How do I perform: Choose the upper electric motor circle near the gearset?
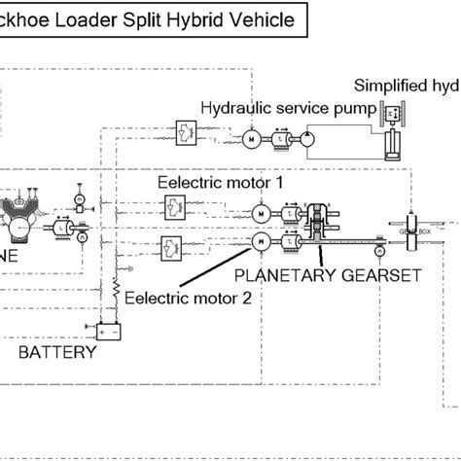pyautogui.click(x=260, y=213)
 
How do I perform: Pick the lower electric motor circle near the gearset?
pyautogui.click(x=260, y=241)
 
